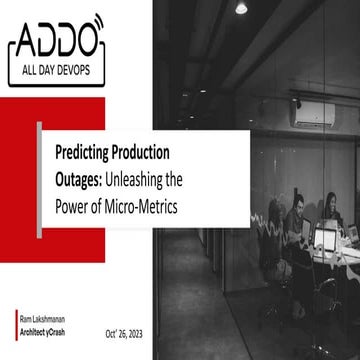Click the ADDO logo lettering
(x=52, y=41)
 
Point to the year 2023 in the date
(x=138, y=333)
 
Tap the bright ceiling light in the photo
(x=241, y=8)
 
